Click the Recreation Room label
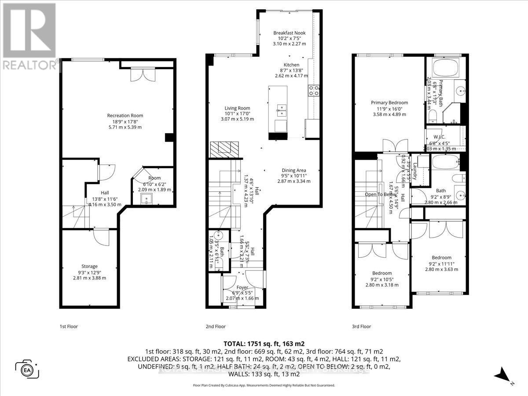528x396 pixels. (125, 116)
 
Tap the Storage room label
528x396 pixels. (89, 266)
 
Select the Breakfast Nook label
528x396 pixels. (289, 33)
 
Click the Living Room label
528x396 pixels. (237, 108)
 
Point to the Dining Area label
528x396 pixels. (293, 170)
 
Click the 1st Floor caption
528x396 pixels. (69, 326)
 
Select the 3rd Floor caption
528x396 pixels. (362, 326)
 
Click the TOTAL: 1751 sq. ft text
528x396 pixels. (264, 344)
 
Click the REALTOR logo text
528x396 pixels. (29, 65)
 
